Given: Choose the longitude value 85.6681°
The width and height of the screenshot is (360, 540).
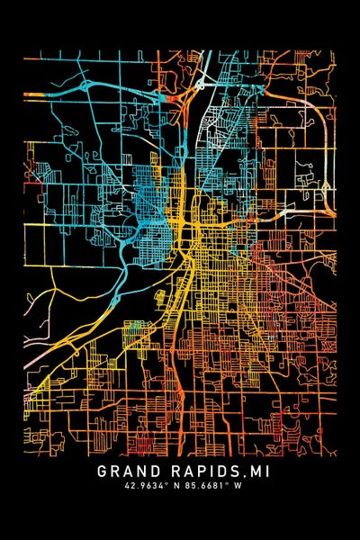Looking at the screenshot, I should (x=206, y=486).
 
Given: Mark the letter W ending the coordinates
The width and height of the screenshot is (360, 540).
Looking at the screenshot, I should (x=242, y=486).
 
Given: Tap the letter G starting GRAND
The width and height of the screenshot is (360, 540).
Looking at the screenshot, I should (x=103, y=471).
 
